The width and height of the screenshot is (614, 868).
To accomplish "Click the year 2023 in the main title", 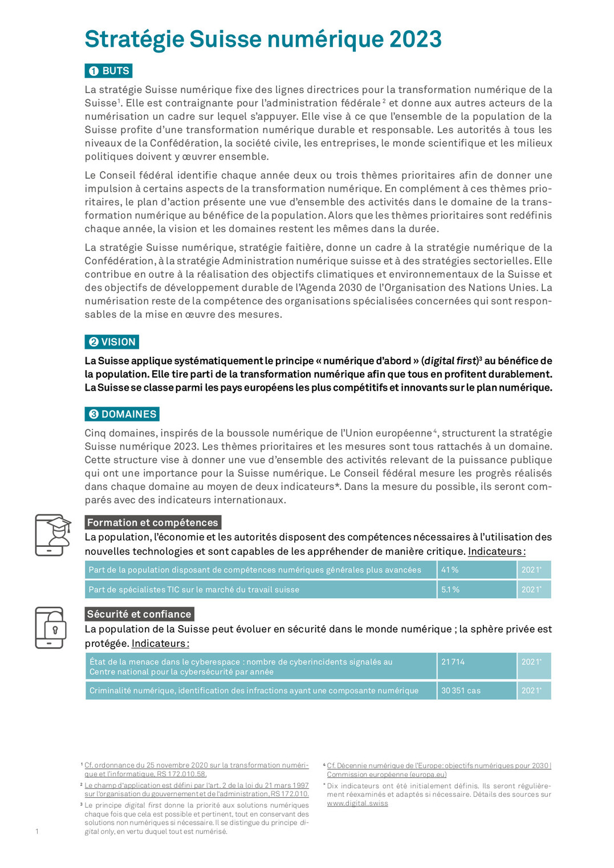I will [415, 39].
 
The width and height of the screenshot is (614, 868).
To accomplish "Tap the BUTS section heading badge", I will [109, 71].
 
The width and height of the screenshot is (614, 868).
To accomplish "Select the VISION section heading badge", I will [112, 342].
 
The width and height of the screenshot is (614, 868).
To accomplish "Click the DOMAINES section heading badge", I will [122, 414].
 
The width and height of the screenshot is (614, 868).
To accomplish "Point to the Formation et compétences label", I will [153, 522].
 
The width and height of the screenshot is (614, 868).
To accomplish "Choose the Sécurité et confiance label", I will [139, 614].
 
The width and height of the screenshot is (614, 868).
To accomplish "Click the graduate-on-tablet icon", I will [52, 535].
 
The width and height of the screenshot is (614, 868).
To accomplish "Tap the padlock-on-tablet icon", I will [51, 627].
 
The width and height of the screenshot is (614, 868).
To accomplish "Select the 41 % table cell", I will [476, 570].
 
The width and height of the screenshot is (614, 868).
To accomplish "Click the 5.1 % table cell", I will [476, 590].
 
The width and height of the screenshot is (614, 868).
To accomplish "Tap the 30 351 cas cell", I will [476, 691].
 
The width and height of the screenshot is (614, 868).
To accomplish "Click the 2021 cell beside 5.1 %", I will [534, 590].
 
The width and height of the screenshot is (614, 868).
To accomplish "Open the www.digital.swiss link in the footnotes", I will [357, 803].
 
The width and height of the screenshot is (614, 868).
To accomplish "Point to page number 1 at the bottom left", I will [37, 832].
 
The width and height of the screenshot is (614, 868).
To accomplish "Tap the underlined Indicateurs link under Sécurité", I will [160, 643].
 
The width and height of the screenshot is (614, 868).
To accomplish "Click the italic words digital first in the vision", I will [450, 361].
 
